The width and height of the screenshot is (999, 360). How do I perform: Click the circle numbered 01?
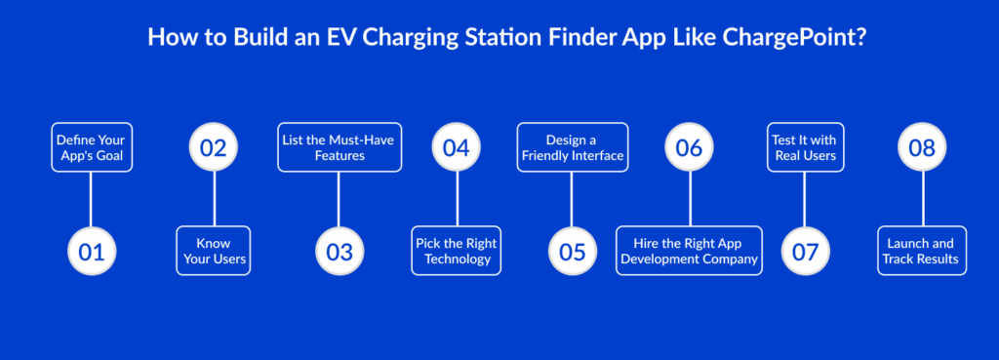(x=92, y=251)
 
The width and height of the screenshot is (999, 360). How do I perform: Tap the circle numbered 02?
(x=214, y=147)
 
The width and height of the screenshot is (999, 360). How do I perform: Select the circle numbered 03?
(x=340, y=251)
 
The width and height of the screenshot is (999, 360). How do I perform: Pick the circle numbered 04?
(x=457, y=147)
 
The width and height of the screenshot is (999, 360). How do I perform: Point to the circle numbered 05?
(x=572, y=251)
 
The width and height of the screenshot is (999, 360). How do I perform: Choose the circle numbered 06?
(x=690, y=147)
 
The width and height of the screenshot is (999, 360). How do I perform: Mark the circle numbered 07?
(x=805, y=251)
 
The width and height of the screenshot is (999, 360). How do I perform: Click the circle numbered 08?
(x=922, y=147)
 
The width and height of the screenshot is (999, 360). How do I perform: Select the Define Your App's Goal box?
(x=92, y=147)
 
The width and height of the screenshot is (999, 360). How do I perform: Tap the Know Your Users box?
(x=214, y=251)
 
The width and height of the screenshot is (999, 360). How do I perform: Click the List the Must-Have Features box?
(x=340, y=147)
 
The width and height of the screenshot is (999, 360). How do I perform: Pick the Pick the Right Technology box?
(x=457, y=251)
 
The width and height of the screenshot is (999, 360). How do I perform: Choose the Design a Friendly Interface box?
(x=572, y=147)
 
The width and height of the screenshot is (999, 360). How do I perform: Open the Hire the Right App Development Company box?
(x=690, y=251)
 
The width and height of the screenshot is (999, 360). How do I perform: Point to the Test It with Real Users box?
(x=805, y=147)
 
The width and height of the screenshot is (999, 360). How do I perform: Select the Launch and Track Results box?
(x=922, y=251)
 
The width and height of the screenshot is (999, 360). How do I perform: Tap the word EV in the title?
(x=359, y=36)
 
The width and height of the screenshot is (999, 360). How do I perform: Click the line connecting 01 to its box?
(x=92, y=199)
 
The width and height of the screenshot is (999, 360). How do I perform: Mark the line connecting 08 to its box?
(x=922, y=199)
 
